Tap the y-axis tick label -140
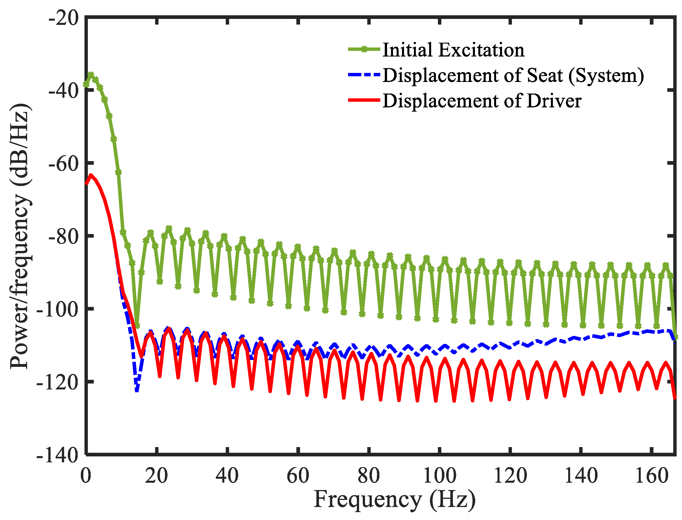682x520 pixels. [x=58, y=455]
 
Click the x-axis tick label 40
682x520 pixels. [x=227, y=476]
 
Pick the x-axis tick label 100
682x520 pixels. [x=439, y=476]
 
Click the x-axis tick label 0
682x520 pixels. [x=86, y=476]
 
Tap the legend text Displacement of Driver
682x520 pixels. [x=482, y=101]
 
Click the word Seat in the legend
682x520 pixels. [x=545, y=75]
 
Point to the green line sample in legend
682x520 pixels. [x=364, y=49]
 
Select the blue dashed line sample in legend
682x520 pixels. [x=364, y=75]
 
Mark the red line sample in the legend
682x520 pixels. [x=364, y=100]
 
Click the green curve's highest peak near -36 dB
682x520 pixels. [x=91, y=75]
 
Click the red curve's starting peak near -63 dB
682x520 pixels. [x=91, y=175]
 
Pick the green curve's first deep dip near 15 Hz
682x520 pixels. [x=137, y=326]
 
